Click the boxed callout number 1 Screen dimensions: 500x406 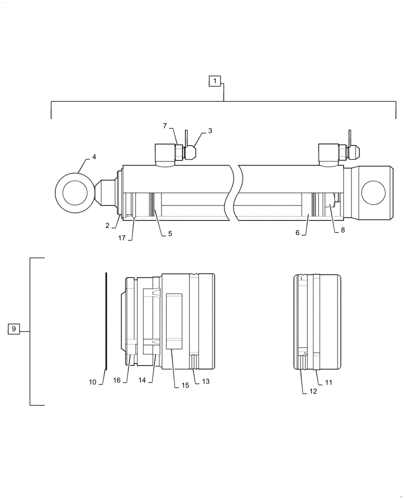(x=214, y=80)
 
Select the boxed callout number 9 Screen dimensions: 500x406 (x=14, y=329)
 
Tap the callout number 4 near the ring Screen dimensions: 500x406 (x=94, y=157)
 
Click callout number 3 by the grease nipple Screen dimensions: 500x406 (x=210, y=131)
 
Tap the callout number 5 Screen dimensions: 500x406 (x=170, y=233)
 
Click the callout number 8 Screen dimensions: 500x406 (x=342, y=230)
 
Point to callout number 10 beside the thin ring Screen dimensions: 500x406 (x=92, y=382)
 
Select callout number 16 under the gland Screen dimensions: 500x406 (x=116, y=380)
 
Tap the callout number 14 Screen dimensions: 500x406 (x=142, y=380)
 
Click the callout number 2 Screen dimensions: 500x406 (x=107, y=225)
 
